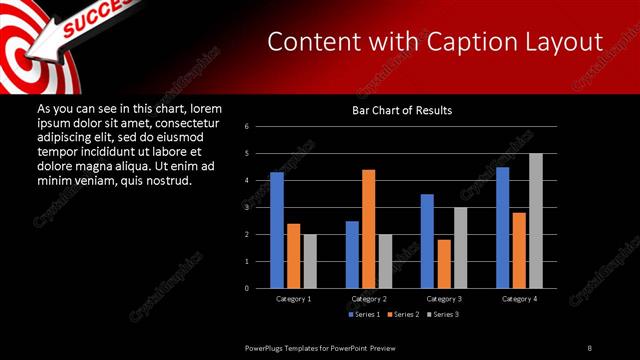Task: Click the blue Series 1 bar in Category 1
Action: pos(277,230)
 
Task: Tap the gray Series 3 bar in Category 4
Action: pos(535,221)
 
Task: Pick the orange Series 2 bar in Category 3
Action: pos(444,264)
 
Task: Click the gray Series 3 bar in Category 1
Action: pos(310,261)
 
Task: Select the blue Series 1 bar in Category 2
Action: pos(352,254)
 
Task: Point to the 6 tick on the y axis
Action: pos(260,127)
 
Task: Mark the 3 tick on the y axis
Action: pos(260,207)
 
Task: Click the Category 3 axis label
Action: pos(443,299)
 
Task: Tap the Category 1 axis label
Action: pos(293,299)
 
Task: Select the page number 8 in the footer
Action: pos(589,347)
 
